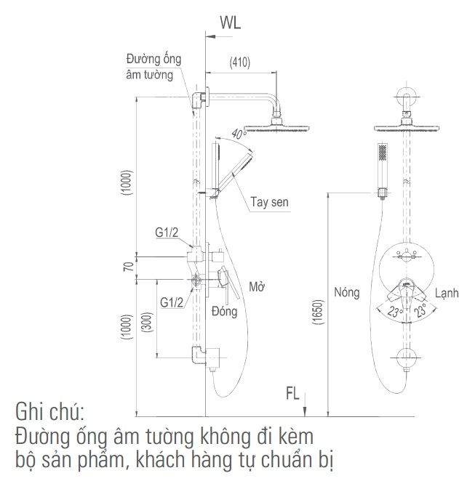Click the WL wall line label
point(230,23)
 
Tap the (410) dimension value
point(240,62)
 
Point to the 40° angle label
point(239,134)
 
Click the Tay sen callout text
point(269,202)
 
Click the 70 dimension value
point(128,267)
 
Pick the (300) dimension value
point(147,322)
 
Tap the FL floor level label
point(292,393)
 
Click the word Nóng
point(346,292)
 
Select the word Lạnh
point(447,293)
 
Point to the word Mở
point(257,286)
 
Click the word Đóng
point(224,311)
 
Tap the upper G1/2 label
point(167,233)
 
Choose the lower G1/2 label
point(172,302)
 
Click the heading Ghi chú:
point(50,412)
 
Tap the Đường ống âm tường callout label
point(153,67)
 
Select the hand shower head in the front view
point(383,152)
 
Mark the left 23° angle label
point(395,312)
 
